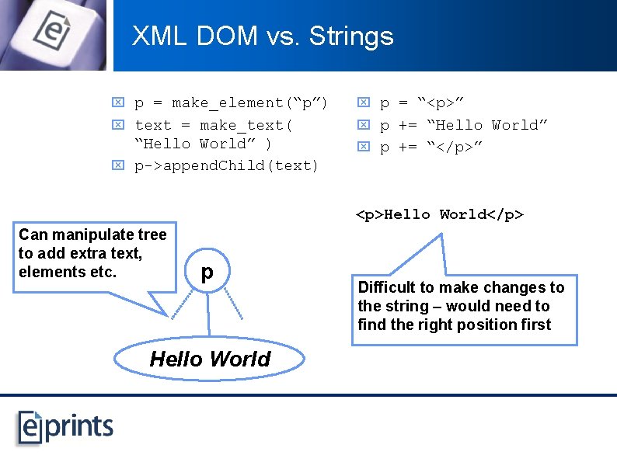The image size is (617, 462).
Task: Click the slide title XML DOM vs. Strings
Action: (x=263, y=36)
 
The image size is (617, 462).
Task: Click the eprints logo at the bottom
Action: (x=66, y=426)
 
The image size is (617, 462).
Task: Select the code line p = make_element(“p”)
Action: (x=231, y=102)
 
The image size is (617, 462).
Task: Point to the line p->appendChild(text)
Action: (x=226, y=165)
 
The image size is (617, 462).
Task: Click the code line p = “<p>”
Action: (x=432, y=102)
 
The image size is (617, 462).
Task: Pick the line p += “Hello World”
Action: (x=464, y=125)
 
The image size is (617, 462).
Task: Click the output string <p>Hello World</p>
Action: (x=439, y=214)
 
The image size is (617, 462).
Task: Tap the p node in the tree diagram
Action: (x=207, y=273)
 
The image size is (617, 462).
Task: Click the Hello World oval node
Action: (x=209, y=359)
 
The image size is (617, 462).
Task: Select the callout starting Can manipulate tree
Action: (x=93, y=254)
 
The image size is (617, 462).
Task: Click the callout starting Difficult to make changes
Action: (x=462, y=307)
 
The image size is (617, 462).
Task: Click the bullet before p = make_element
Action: (x=117, y=102)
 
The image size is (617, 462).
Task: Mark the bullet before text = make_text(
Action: (x=117, y=125)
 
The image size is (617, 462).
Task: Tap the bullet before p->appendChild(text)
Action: (x=117, y=165)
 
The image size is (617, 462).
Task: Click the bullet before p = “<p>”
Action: (x=362, y=102)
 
